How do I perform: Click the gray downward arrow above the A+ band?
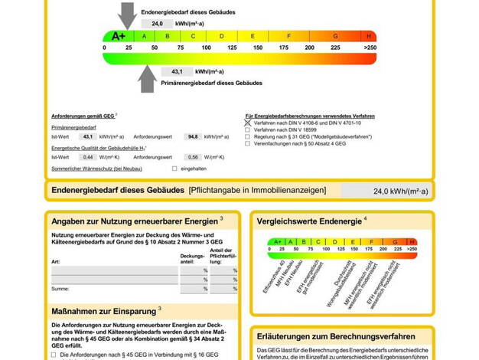127,15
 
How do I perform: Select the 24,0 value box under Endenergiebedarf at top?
158,24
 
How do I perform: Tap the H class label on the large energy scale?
370,36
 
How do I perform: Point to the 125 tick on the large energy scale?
232,47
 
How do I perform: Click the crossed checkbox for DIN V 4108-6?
248,123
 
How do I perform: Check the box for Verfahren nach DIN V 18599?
248,129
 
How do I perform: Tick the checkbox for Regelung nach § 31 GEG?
248,136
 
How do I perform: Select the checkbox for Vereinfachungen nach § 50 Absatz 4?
248,143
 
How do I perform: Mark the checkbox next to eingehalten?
174,168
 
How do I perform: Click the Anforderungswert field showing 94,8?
194,136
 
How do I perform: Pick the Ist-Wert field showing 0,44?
88,157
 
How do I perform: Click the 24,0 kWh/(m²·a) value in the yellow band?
400,191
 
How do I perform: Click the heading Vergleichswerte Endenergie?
308,221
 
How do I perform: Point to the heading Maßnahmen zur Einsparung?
104,311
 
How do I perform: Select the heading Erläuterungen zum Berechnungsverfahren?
336,336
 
